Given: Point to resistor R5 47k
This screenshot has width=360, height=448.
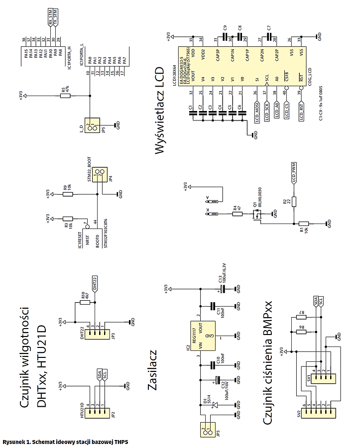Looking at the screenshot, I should point(65,96).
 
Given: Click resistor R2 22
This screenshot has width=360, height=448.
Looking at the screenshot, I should point(294,202).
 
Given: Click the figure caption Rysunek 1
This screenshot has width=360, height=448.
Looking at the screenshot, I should point(65,442).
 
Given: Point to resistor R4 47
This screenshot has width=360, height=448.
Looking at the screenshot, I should point(237,214).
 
